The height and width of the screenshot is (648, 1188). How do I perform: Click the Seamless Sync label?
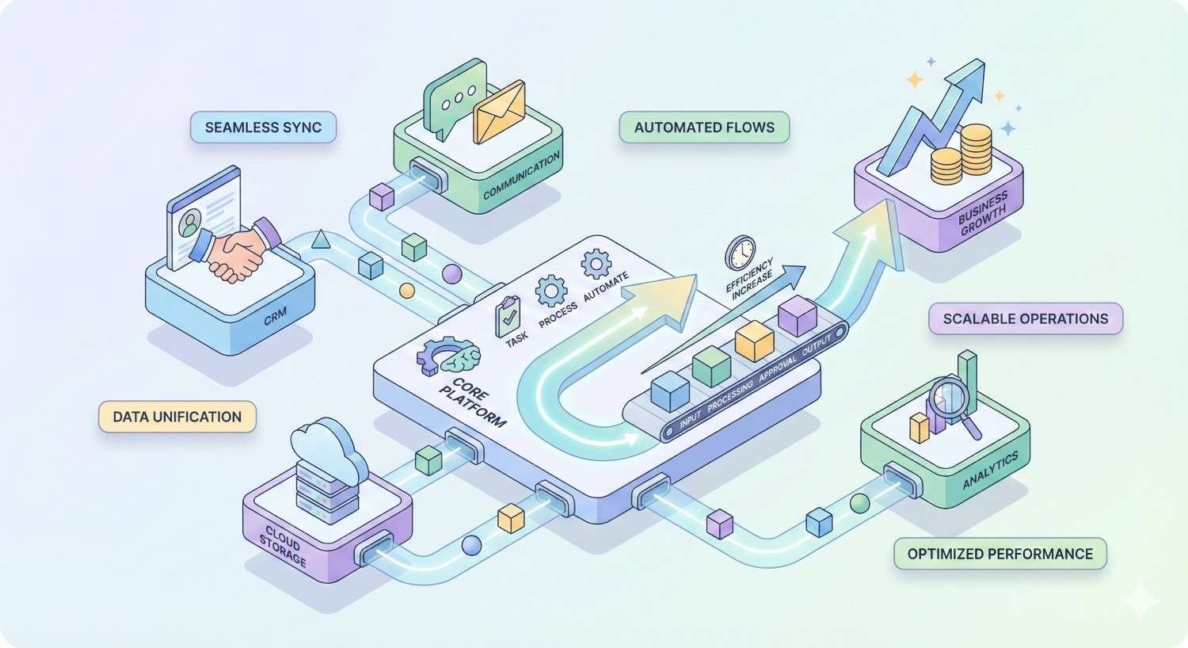[x=263, y=128]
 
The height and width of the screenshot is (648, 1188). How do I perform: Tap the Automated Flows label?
[x=704, y=128]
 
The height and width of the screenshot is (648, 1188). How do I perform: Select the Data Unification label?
[x=177, y=417]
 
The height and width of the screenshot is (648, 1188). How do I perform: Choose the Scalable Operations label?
[x=1025, y=318]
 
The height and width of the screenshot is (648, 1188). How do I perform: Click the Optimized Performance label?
[x=1000, y=554]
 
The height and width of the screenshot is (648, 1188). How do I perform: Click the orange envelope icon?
[x=499, y=113]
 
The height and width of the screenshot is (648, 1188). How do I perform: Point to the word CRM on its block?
[x=276, y=318]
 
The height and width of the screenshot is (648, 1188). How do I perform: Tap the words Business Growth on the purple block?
[x=983, y=213]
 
